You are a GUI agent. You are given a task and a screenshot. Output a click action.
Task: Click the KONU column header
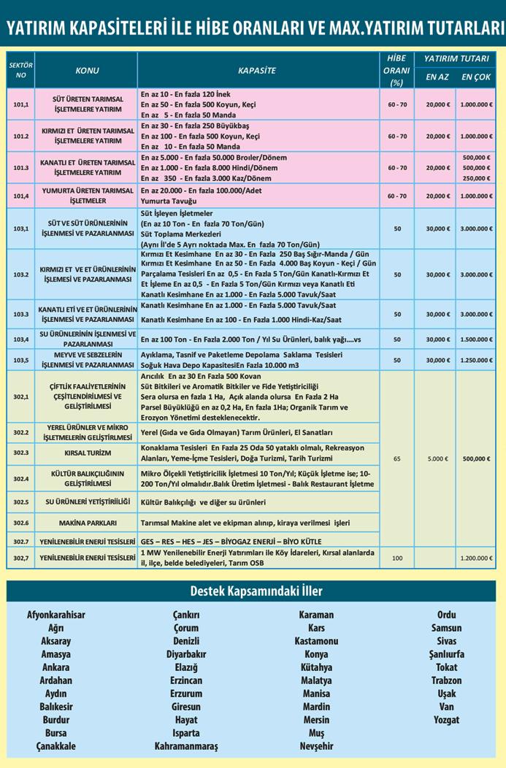87,71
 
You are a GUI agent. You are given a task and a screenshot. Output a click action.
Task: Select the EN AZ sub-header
437,77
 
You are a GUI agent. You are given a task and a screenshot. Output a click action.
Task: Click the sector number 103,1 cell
21,229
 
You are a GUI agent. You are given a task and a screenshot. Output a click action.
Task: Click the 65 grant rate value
396,459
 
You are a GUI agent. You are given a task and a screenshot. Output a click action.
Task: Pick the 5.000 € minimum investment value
437,459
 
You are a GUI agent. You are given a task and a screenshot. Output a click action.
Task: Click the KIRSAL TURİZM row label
87,453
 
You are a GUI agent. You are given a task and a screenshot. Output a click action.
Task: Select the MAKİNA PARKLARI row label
87,523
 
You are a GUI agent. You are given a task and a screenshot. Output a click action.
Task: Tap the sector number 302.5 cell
21,502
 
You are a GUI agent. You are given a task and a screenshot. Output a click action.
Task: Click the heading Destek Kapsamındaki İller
252,591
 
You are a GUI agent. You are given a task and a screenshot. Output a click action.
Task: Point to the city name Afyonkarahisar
56,615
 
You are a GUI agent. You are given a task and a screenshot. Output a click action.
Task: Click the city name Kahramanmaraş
186,746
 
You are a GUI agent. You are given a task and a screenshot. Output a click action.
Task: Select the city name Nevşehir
316,746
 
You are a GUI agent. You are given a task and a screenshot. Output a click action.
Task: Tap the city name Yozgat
446,720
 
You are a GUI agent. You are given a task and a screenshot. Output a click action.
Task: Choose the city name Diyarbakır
186,654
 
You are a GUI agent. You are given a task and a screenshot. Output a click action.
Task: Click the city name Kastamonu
316,641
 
